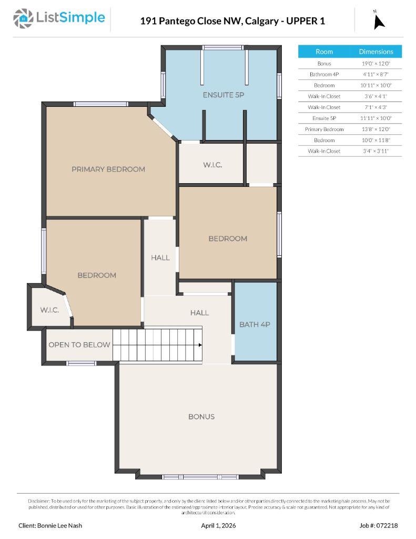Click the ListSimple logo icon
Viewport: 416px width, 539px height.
tap(23, 18)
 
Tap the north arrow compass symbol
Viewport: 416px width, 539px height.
tap(379, 21)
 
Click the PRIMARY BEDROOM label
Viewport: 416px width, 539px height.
tap(108, 169)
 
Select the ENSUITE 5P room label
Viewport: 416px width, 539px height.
tap(224, 95)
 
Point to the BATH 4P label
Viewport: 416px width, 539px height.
tap(255, 324)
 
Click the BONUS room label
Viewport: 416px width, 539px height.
tap(201, 416)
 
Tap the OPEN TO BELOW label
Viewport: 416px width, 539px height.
tap(79, 345)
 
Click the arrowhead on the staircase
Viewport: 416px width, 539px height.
tap(200, 345)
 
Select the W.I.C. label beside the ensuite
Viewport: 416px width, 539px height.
tap(212, 165)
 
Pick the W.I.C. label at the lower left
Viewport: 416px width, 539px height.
tap(49, 310)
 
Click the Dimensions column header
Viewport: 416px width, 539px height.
tap(376, 52)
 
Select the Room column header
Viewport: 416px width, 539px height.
tap(324, 52)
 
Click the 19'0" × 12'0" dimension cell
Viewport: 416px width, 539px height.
tap(376, 63)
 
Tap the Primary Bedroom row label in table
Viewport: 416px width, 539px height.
tap(324, 129)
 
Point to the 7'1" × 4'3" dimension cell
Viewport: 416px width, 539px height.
tap(376, 107)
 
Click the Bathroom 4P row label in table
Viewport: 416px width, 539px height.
tap(324, 74)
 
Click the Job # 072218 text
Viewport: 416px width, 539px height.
tap(379, 525)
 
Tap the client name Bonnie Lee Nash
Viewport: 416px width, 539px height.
tap(50, 525)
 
